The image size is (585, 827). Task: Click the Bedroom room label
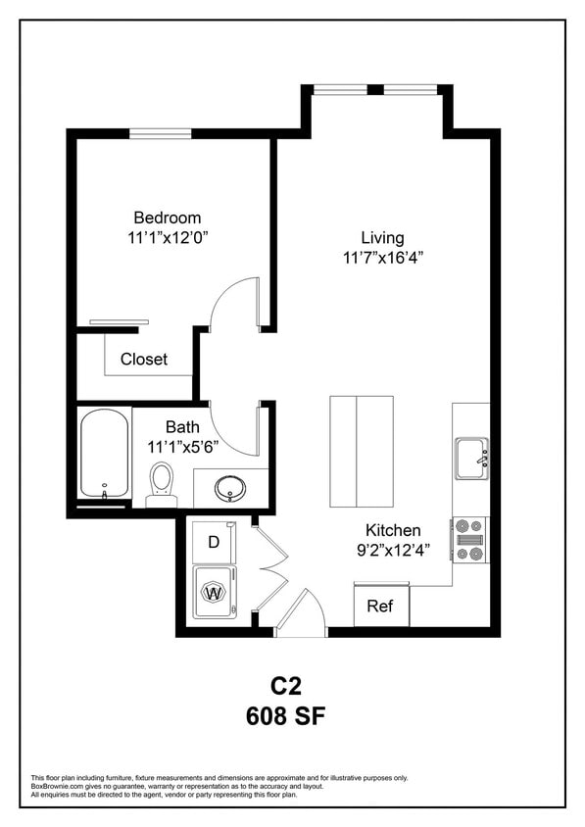coord(168,218)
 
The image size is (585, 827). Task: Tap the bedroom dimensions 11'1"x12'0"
coord(168,237)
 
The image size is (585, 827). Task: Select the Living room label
coord(382,237)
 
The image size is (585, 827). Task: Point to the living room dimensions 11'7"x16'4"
coord(382,258)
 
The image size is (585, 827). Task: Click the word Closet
coord(144,359)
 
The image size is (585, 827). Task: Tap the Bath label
coord(182,426)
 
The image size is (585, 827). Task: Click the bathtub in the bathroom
coord(104,454)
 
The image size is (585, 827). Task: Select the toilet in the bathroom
coord(162,483)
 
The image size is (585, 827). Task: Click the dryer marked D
coord(215,542)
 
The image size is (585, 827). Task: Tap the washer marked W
coord(214,592)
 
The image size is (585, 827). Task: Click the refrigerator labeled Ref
coord(380,606)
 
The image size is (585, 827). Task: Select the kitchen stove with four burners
coord(470,540)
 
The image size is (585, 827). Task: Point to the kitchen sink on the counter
coord(471,458)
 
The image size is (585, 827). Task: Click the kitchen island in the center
coord(362,450)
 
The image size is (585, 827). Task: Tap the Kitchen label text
coord(394,530)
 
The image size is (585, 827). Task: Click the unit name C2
coord(285,684)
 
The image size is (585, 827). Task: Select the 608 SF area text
coord(285,715)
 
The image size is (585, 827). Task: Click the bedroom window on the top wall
coord(160,133)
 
